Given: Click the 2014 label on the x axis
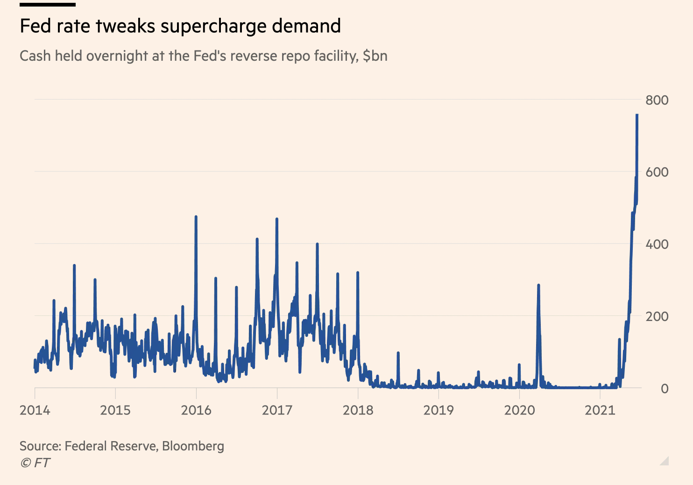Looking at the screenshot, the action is tap(35, 410).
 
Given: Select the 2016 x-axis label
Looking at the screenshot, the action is tap(196, 410).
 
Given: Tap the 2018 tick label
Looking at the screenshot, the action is tap(358, 410).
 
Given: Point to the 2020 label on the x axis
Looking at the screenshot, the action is tap(519, 410).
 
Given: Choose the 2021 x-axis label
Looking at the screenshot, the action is tap(600, 410).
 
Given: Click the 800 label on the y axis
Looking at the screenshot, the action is tap(657, 100).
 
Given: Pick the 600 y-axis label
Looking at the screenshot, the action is tap(657, 172).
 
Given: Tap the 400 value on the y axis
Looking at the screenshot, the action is tap(657, 244).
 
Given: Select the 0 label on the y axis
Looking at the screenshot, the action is tap(665, 389).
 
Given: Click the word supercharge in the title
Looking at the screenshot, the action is tap(213, 27).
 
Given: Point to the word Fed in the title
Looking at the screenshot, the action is tap(35, 26).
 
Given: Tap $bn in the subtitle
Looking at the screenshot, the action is tap(375, 56).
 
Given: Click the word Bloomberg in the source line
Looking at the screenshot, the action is tap(193, 446).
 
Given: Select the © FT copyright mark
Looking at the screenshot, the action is tap(35, 463).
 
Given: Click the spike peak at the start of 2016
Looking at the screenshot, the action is tap(196, 217).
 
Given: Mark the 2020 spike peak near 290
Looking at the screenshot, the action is tap(538, 285).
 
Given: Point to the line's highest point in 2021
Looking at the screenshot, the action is tap(637, 115).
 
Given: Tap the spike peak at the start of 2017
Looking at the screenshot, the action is tap(276, 219).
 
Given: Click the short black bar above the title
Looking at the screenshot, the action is tap(48, 5).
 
